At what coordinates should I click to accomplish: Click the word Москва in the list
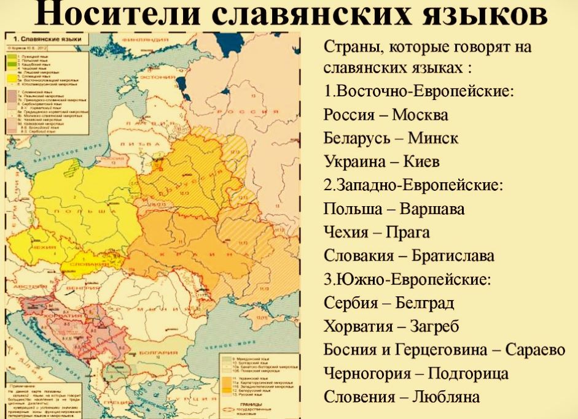tap(420, 115)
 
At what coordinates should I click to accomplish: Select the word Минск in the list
tap(433, 138)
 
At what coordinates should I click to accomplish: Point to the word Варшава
tap(432, 209)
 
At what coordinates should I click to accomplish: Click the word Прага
tap(408, 233)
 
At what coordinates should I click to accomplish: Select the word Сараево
tap(535, 350)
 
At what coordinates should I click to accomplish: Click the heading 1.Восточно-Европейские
tap(419, 91)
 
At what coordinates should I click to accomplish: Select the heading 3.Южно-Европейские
tap(408, 280)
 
